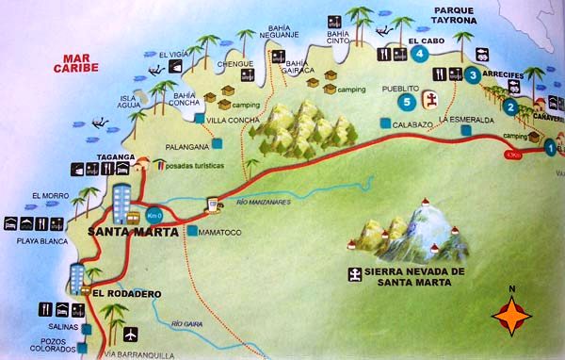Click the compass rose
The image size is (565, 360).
pyautogui.click(x=512, y=315)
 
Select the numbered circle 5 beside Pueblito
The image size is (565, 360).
pyautogui.click(x=407, y=101)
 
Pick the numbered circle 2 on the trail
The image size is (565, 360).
pyautogui.click(x=510, y=106)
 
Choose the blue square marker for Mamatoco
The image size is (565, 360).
pyautogui.click(x=192, y=232)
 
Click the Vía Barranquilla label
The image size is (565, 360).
pyautogui.click(x=139, y=355)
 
